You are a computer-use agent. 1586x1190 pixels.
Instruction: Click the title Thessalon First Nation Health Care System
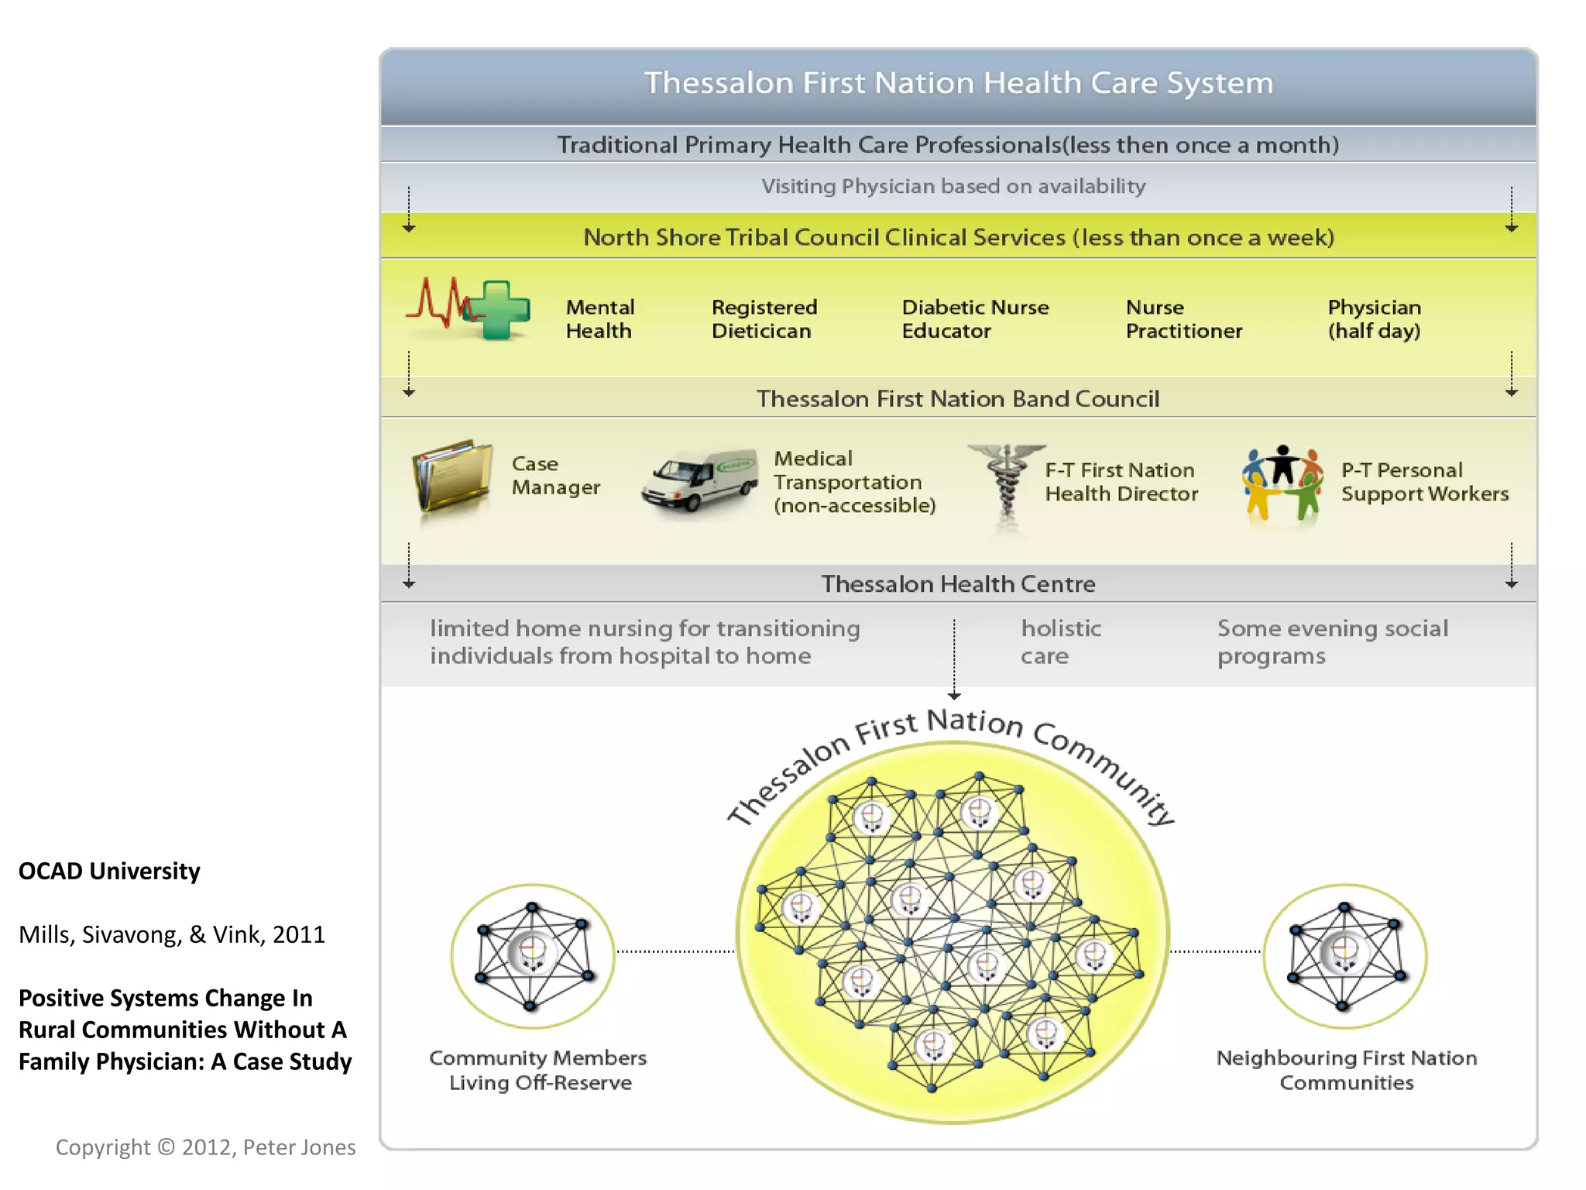point(959,83)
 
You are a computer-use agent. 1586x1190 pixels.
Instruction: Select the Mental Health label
point(599,319)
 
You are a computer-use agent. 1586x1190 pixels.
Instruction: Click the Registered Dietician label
point(764,319)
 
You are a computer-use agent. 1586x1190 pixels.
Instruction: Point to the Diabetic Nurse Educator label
point(975,319)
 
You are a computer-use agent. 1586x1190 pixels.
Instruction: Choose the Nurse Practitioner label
point(1183,319)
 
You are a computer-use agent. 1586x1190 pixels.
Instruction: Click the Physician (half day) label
point(1374,319)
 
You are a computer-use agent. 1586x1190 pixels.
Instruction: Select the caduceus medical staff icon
point(1006,484)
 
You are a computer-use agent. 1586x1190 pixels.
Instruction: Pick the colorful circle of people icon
point(1282,482)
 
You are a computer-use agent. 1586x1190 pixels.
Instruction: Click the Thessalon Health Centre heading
point(958,584)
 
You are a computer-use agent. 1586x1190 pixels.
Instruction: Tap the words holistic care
point(1060,642)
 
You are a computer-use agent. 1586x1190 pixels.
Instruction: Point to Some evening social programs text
point(1332,642)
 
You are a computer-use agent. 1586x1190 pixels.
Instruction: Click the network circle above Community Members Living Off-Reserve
point(533,955)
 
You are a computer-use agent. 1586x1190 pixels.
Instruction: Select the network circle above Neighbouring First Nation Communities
point(1344,955)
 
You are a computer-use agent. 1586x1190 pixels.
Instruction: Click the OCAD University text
point(109,872)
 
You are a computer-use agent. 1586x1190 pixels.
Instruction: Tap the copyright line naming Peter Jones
point(205,1147)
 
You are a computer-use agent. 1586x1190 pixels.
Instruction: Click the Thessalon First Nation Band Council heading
point(958,399)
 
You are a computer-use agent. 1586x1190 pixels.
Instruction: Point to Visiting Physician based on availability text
point(953,187)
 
